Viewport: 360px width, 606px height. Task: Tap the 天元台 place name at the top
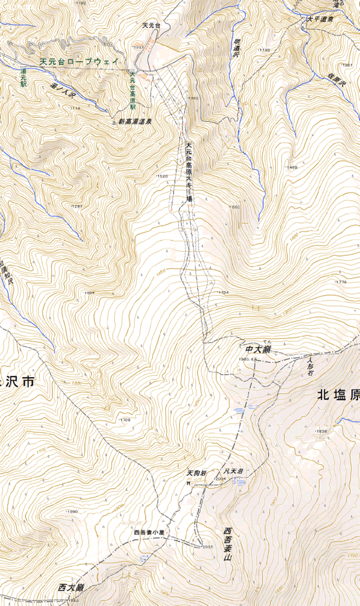point(151,25)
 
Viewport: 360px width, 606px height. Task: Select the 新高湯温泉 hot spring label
point(135,121)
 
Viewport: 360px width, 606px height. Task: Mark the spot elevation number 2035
point(207,547)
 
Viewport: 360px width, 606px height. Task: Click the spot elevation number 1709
point(124,420)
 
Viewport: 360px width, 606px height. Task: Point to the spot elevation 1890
point(72,512)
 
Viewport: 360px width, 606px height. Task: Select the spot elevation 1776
point(341,282)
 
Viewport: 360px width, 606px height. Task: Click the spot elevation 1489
point(291,168)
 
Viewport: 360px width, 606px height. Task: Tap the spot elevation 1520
point(162,176)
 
